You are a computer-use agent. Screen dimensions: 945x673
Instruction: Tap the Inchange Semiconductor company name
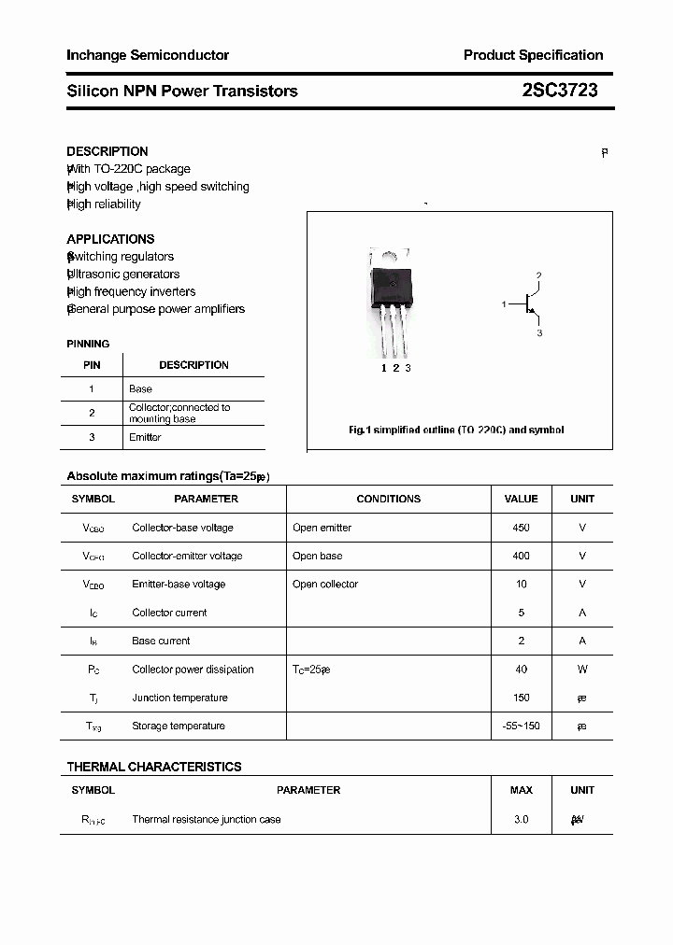(x=148, y=55)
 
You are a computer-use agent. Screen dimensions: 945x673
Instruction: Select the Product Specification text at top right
(x=533, y=55)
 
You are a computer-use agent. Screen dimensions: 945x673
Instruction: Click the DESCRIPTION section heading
(x=107, y=151)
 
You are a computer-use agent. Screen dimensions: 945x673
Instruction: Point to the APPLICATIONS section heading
(x=110, y=239)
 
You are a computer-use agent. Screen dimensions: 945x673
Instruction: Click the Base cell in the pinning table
(x=140, y=388)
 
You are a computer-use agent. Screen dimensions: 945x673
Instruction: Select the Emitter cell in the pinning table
(x=145, y=437)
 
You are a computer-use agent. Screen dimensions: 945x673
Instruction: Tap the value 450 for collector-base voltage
(x=521, y=528)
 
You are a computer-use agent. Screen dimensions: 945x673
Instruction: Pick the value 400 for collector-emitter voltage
(x=521, y=556)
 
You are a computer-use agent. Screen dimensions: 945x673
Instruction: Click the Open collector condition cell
(x=325, y=585)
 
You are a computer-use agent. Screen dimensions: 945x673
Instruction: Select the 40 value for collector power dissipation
(x=521, y=670)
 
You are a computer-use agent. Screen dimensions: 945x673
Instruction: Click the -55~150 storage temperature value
(x=521, y=726)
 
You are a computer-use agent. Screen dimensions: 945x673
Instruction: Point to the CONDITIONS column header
(x=389, y=499)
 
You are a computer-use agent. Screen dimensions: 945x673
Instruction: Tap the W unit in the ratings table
(x=582, y=670)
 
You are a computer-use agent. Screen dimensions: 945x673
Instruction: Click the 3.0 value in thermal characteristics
(x=521, y=819)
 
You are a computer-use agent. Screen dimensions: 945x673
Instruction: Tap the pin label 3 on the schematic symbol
(x=539, y=333)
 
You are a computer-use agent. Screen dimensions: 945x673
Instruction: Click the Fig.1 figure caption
(x=456, y=430)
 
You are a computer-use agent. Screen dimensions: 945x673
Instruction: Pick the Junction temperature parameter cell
(x=179, y=698)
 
